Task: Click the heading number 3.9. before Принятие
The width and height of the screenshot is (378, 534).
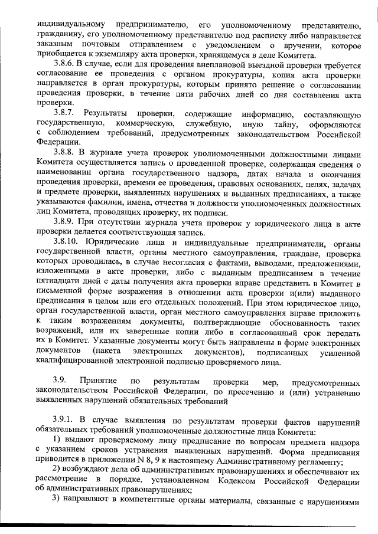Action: click(x=62, y=381)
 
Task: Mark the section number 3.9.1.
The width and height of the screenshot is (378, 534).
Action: click(x=65, y=420)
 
